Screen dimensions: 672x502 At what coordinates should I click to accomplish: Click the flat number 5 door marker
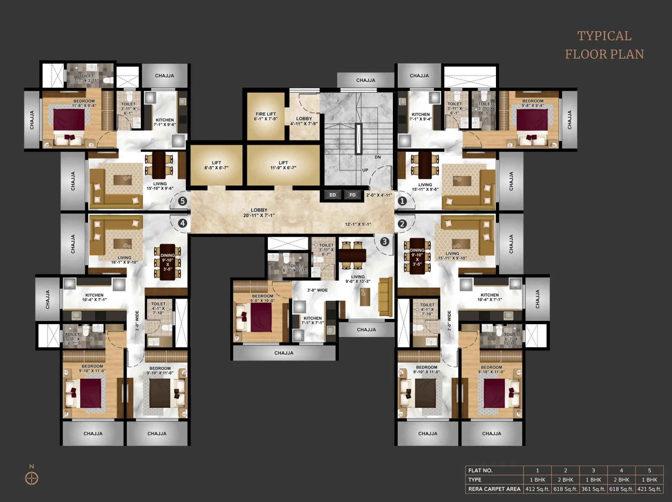pyautogui.click(x=182, y=201)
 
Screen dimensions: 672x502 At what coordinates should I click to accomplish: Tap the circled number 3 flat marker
pyautogui.click(x=385, y=241)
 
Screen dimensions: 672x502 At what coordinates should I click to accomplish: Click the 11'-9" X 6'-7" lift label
pyautogui.click(x=283, y=165)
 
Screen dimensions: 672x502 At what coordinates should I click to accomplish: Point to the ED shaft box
pyautogui.click(x=333, y=195)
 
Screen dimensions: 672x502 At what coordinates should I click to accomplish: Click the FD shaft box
pyautogui.click(x=352, y=195)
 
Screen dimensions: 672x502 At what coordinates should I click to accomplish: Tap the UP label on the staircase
pyautogui.click(x=365, y=170)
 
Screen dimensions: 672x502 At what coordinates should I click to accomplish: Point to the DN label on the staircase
pyautogui.click(x=378, y=157)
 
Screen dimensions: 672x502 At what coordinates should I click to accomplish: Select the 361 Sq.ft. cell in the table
pyautogui.click(x=593, y=489)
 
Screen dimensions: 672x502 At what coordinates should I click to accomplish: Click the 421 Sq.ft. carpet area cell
pyautogui.click(x=649, y=489)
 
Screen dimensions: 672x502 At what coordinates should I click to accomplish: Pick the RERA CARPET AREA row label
pyautogui.click(x=494, y=489)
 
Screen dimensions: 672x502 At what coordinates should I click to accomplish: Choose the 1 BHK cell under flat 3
pyautogui.click(x=593, y=480)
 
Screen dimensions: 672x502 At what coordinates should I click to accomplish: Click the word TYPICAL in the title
pyautogui.click(x=604, y=36)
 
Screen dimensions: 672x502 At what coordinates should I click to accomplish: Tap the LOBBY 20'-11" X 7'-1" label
pyautogui.click(x=259, y=213)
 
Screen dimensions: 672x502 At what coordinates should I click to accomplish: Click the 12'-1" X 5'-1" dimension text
pyautogui.click(x=358, y=224)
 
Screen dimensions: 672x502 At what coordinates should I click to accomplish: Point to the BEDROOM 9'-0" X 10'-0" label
pyautogui.click(x=262, y=298)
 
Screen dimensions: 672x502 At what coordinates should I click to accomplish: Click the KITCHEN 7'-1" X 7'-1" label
pyautogui.click(x=312, y=320)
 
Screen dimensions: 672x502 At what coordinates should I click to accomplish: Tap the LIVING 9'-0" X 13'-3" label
pyautogui.click(x=357, y=279)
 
